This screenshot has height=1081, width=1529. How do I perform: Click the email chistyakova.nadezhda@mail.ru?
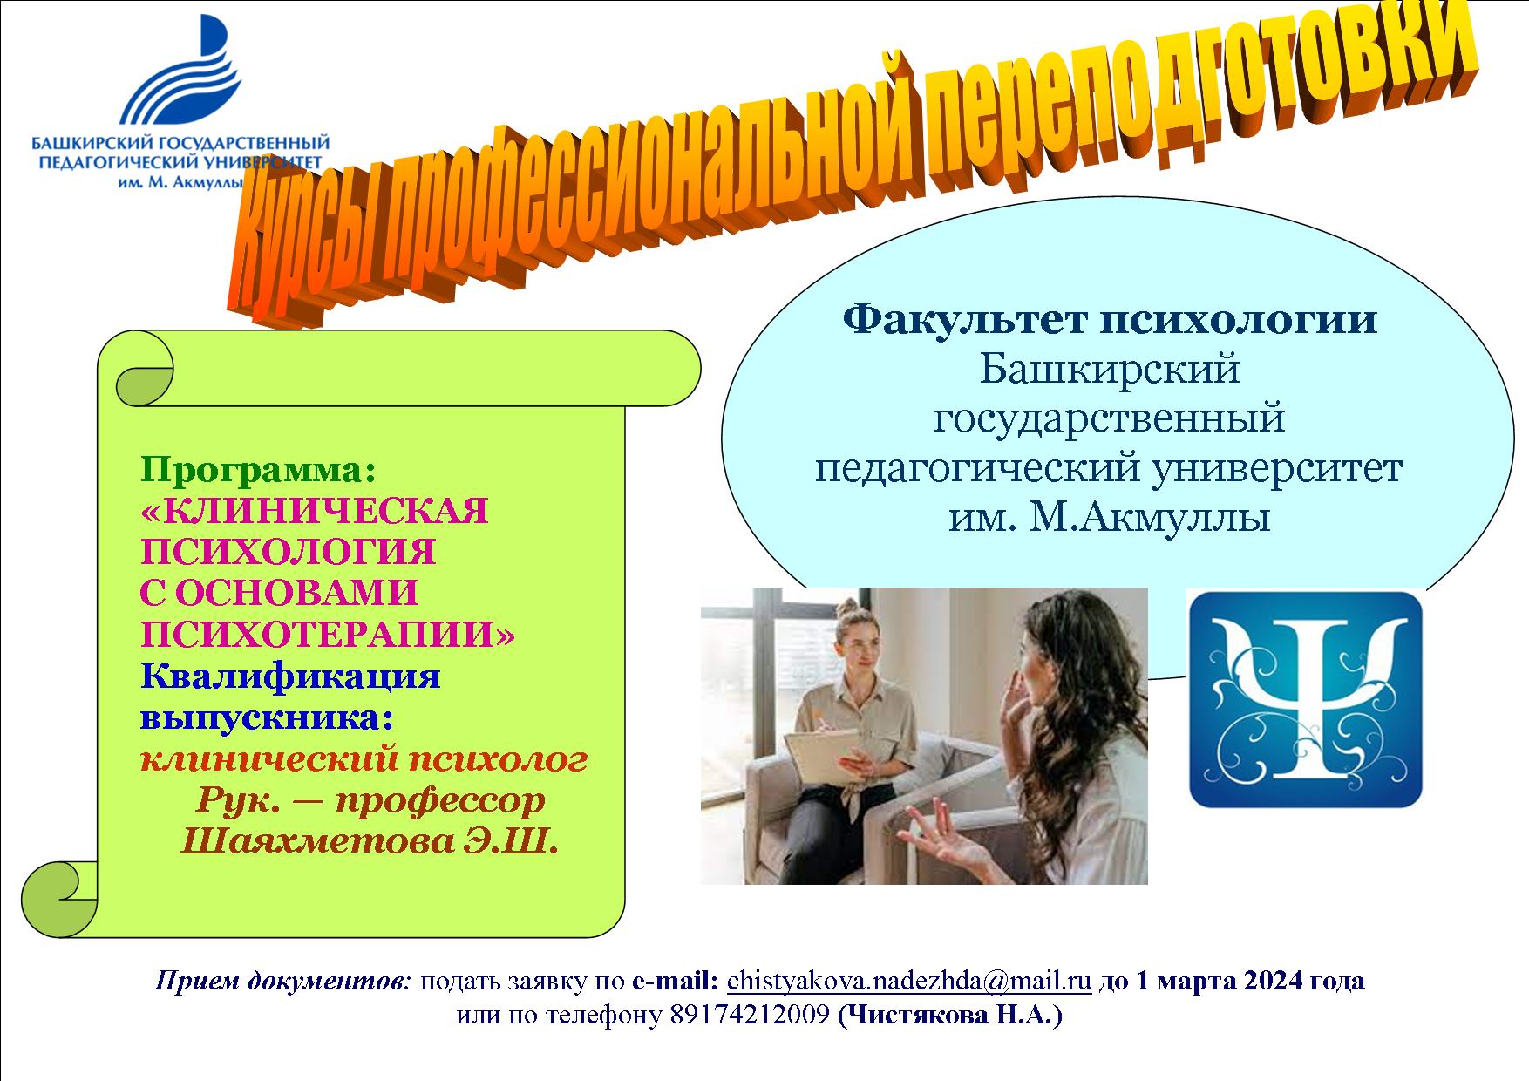click(x=909, y=980)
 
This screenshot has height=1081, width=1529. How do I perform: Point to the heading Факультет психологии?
click(x=1110, y=319)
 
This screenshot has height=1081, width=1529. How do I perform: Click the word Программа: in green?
click(x=258, y=471)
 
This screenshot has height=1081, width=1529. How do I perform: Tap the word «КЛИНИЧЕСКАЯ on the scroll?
click(x=315, y=511)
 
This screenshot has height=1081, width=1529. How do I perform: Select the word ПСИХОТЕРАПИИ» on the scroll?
click(x=328, y=635)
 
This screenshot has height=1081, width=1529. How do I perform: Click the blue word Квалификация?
click(x=290, y=676)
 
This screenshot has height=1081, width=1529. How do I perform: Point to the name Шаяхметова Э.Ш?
click(x=368, y=842)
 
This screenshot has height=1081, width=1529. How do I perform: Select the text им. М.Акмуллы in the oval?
click(x=1109, y=520)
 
